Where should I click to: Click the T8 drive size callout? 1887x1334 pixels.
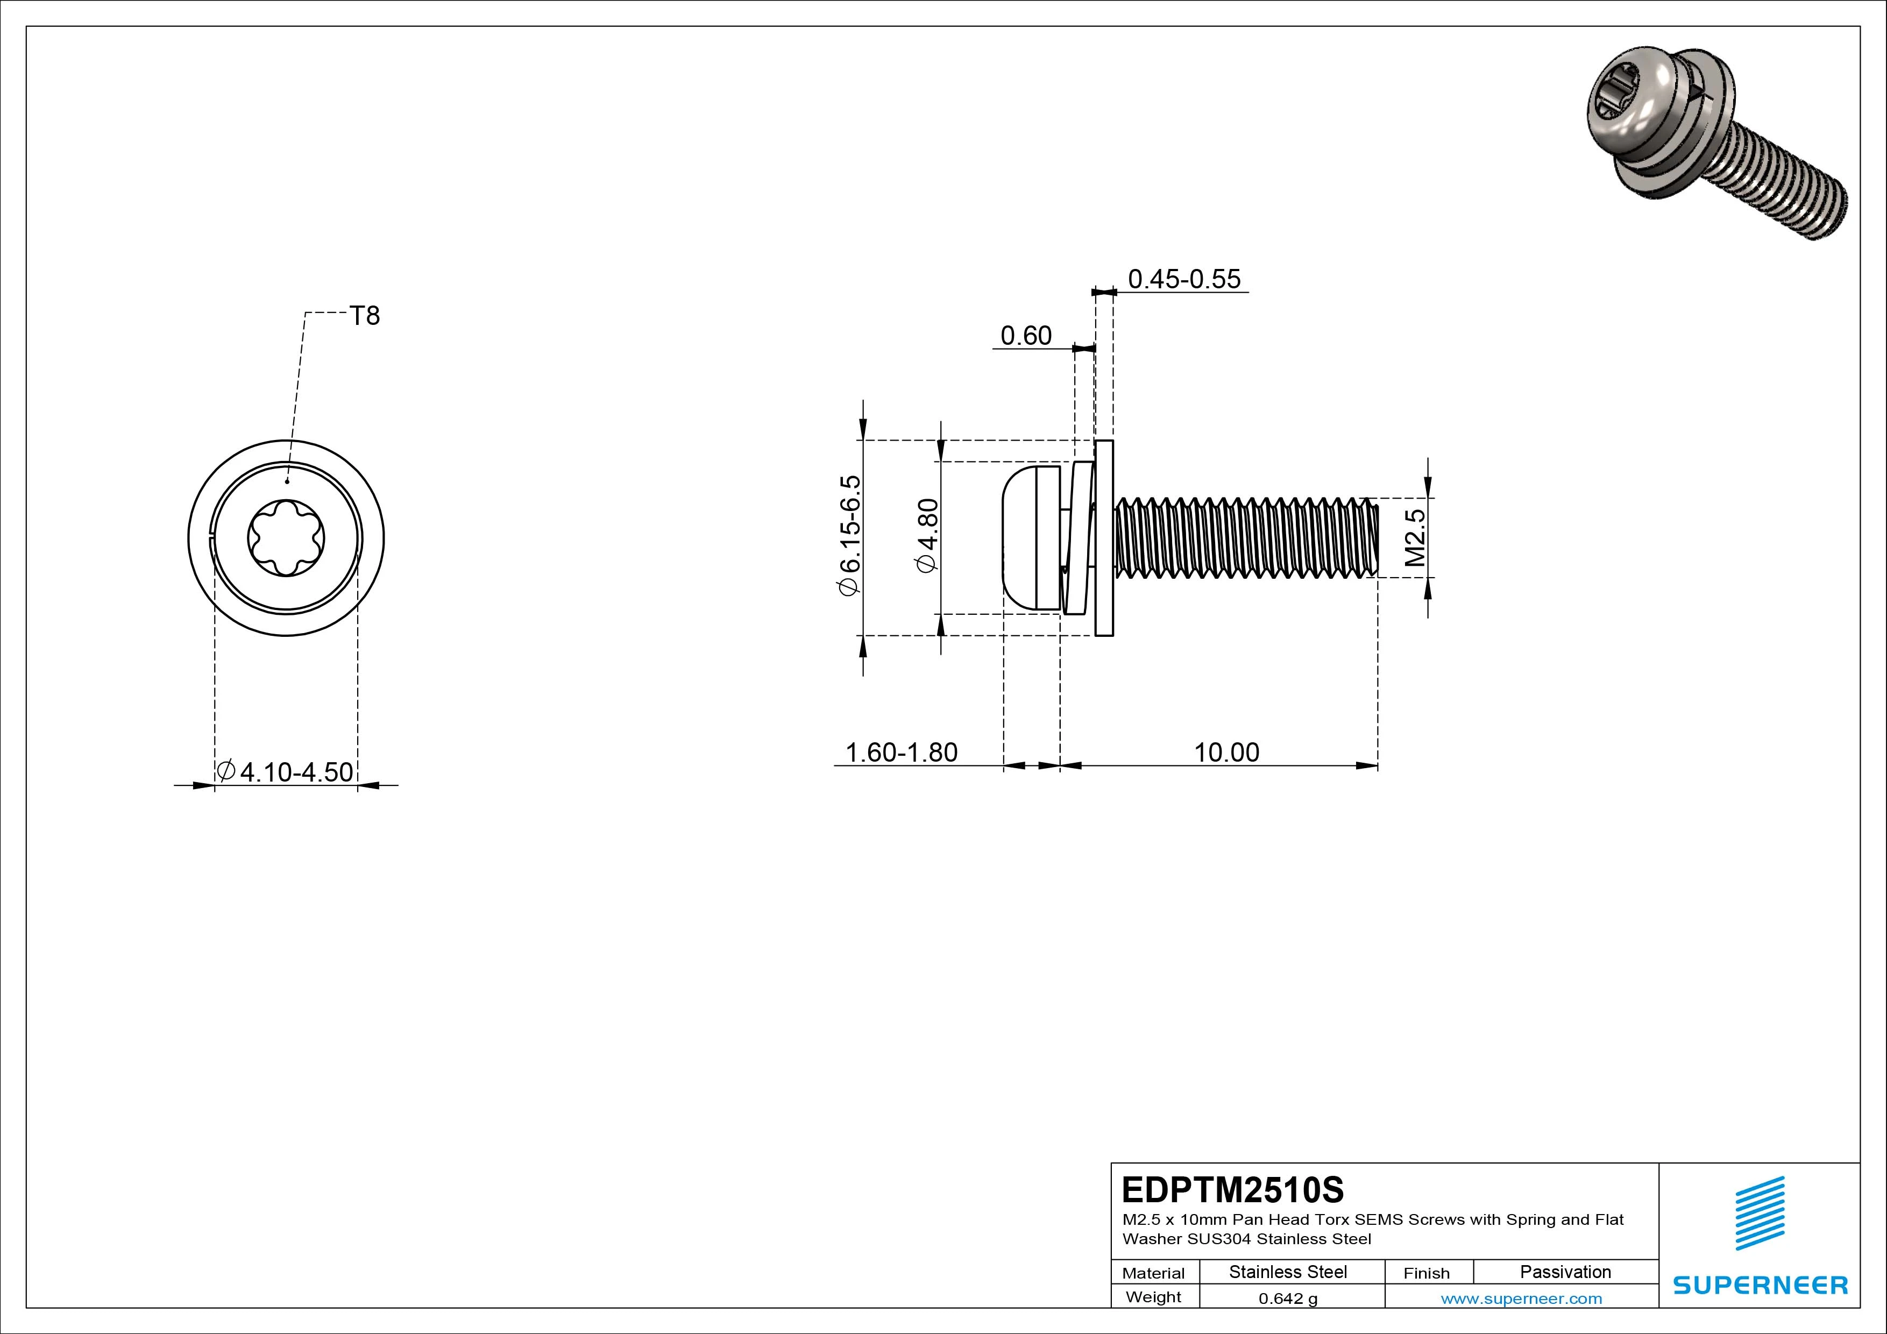click(x=365, y=316)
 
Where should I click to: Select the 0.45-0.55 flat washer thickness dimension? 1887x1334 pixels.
click(x=1183, y=280)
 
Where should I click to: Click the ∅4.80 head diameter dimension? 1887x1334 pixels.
click(x=927, y=535)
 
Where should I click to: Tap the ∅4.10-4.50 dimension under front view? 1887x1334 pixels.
click(x=286, y=772)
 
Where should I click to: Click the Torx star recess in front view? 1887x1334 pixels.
click(x=286, y=539)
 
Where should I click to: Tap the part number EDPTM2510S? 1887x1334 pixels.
click(x=1233, y=1189)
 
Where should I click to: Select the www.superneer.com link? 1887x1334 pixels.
click(x=1521, y=1298)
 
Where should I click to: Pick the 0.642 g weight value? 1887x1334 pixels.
click(x=1288, y=1298)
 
